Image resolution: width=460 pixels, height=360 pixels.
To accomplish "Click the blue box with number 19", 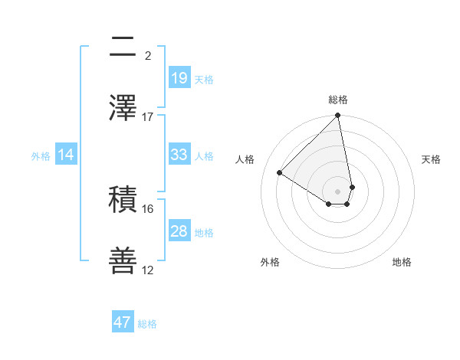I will click(x=179, y=77).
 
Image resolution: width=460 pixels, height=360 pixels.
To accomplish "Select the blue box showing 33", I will click(x=179, y=155).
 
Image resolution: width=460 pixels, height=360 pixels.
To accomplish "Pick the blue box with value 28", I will click(x=179, y=231).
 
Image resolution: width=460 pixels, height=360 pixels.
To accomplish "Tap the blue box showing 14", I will click(x=66, y=155).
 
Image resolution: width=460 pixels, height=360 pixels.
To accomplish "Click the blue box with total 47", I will click(x=123, y=322).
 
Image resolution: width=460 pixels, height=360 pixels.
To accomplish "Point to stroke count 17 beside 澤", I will click(x=148, y=116).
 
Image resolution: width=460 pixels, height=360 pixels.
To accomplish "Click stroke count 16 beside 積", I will click(x=148, y=208).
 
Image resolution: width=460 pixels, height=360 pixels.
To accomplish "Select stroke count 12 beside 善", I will click(x=148, y=270).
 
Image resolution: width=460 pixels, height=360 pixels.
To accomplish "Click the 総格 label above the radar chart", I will click(x=338, y=100).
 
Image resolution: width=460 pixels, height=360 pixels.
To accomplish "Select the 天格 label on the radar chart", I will click(x=431, y=159).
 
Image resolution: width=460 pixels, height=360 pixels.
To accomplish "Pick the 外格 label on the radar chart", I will click(x=270, y=262).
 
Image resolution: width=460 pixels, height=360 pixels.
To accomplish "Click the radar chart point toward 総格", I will click(x=338, y=116).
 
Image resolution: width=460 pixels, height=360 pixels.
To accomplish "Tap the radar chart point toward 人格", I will click(x=280, y=172).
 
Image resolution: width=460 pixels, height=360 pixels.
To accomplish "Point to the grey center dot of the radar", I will click(x=338, y=191).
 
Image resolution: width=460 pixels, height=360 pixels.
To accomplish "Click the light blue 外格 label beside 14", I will click(x=41, y=155).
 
